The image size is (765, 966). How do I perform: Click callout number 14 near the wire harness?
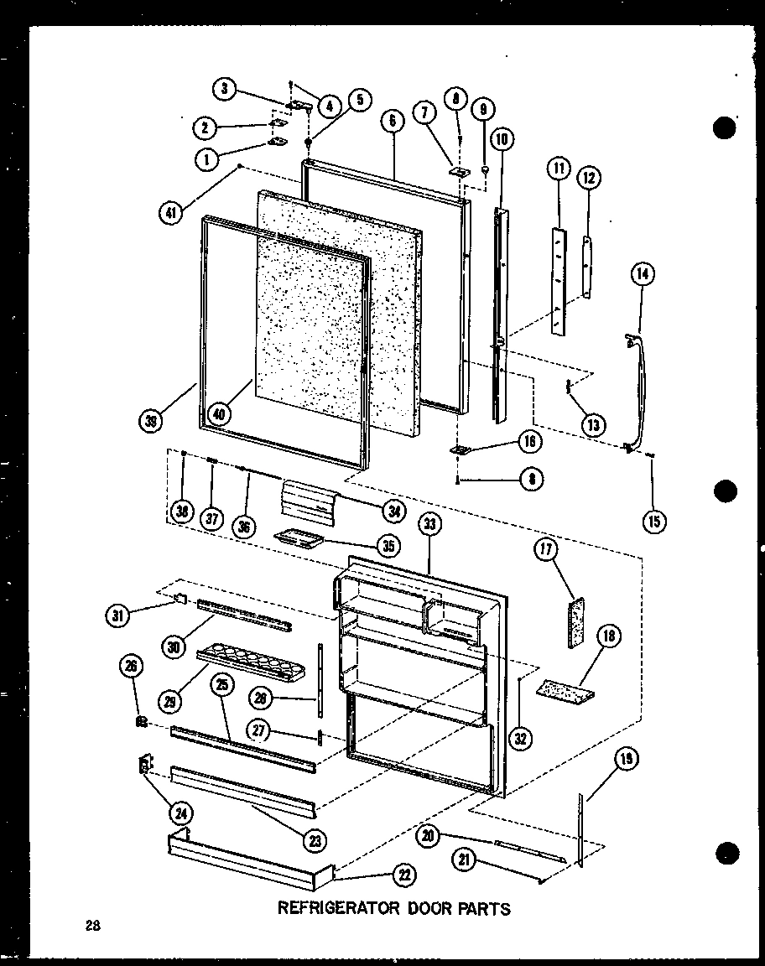point(644,274)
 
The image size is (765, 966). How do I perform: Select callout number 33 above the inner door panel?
point(430,526)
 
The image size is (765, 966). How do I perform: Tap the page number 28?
point(92,927)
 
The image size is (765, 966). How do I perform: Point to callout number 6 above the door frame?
point(392,122)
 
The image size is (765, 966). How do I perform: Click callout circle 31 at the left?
point(118,615)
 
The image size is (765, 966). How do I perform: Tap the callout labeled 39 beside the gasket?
point(151,422)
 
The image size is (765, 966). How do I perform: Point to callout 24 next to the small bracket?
point(180,812)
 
